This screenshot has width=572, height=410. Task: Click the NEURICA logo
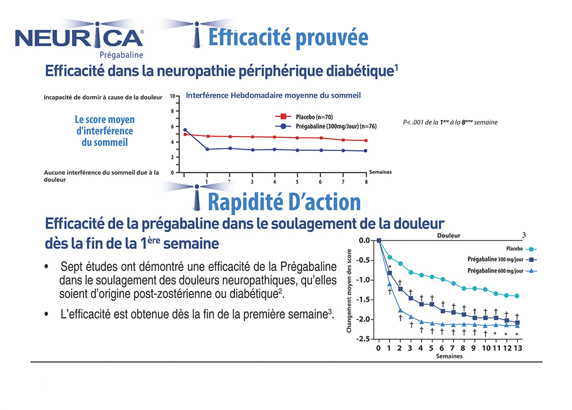click(x=79, y=37)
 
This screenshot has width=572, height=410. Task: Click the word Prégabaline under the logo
click(x=121, y=55)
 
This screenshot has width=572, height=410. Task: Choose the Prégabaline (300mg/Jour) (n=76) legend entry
click(x=337, y=126)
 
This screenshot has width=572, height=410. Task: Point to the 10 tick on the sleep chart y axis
click(x=173, y=96)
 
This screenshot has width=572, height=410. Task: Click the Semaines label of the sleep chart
click(x=380, y=172)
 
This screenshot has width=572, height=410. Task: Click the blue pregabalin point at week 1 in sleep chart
click(x=207, y=149)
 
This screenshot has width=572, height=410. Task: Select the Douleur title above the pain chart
click(x=448, y=235)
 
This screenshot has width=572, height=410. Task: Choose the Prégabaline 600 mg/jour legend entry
click(x=495, y=271)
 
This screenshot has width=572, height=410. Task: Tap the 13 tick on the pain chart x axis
click(x=517, y=348)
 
